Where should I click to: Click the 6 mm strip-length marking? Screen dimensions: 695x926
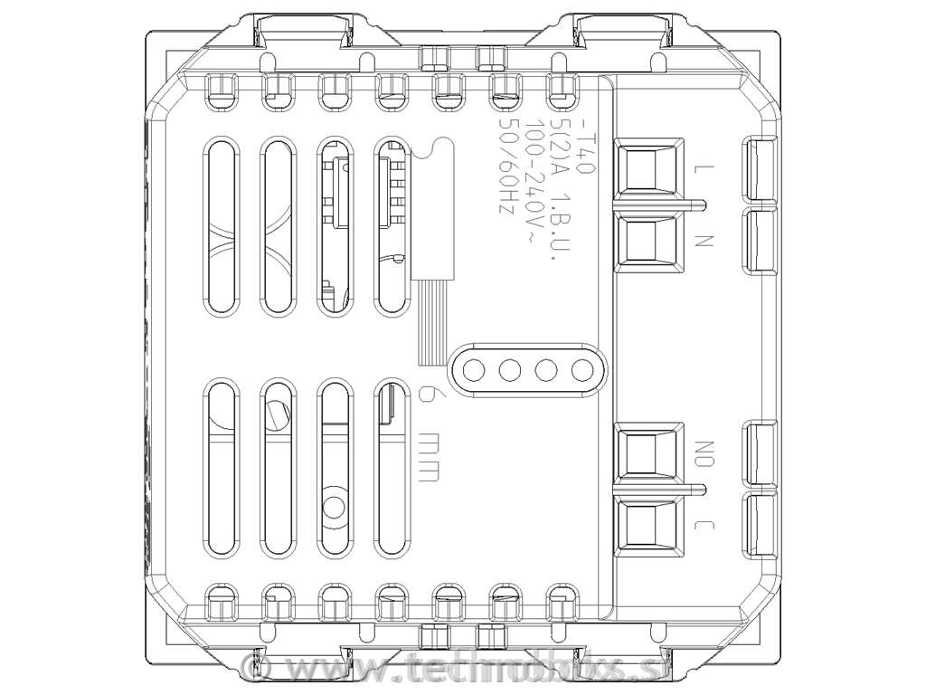pos(430,433)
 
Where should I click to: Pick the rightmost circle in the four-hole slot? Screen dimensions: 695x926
pos(581,370)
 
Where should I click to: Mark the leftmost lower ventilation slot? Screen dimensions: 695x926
pos(220,467)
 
